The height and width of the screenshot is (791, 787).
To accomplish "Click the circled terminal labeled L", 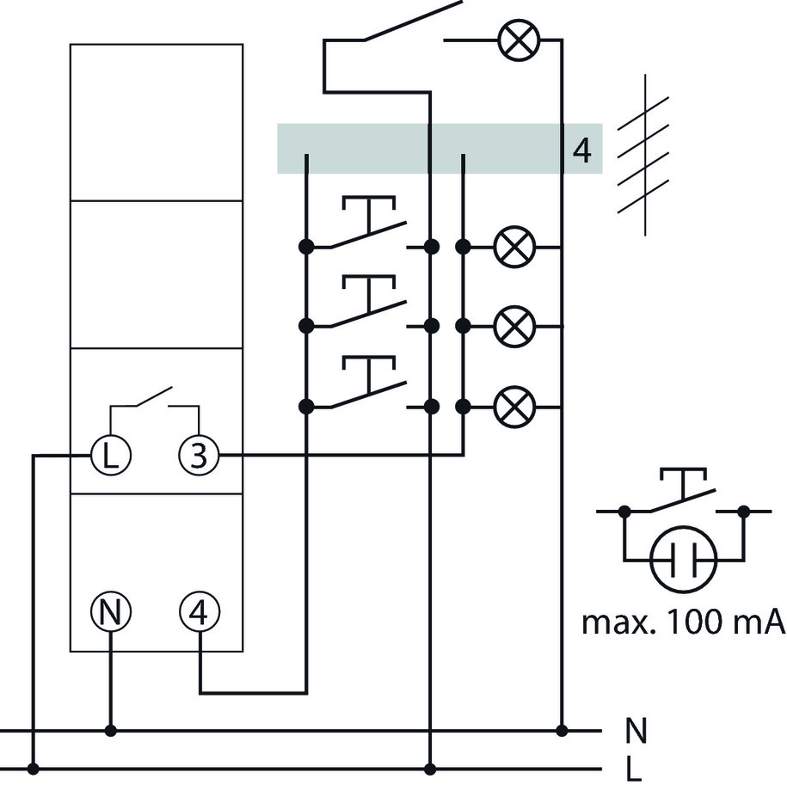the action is click(x=111, y=456).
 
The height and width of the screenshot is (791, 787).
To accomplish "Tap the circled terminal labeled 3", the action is click(x=199, y=456).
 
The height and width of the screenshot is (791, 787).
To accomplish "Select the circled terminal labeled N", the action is click(x=111, y=612).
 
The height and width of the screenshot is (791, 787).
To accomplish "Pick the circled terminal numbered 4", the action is click(x=200, y=612).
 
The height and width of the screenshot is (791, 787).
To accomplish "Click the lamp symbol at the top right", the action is click(x=519, y=41).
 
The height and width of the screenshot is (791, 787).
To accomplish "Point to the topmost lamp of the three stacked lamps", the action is click(x=514, y=247).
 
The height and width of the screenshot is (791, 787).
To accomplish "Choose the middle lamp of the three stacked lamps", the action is click(x=514, y=327).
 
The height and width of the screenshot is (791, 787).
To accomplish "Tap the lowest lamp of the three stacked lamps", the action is click(x=514, y=406).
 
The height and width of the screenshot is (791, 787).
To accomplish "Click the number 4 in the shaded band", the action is click(x=582, y=150).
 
